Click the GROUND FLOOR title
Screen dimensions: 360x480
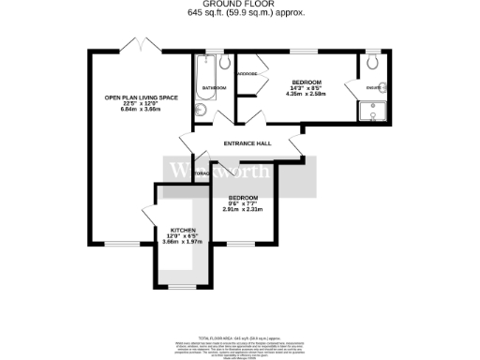point(240,5)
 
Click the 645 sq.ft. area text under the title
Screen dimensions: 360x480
point(240,13)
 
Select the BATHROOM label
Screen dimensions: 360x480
point(214,88)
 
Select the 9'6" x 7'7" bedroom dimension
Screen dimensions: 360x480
point(243,203)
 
